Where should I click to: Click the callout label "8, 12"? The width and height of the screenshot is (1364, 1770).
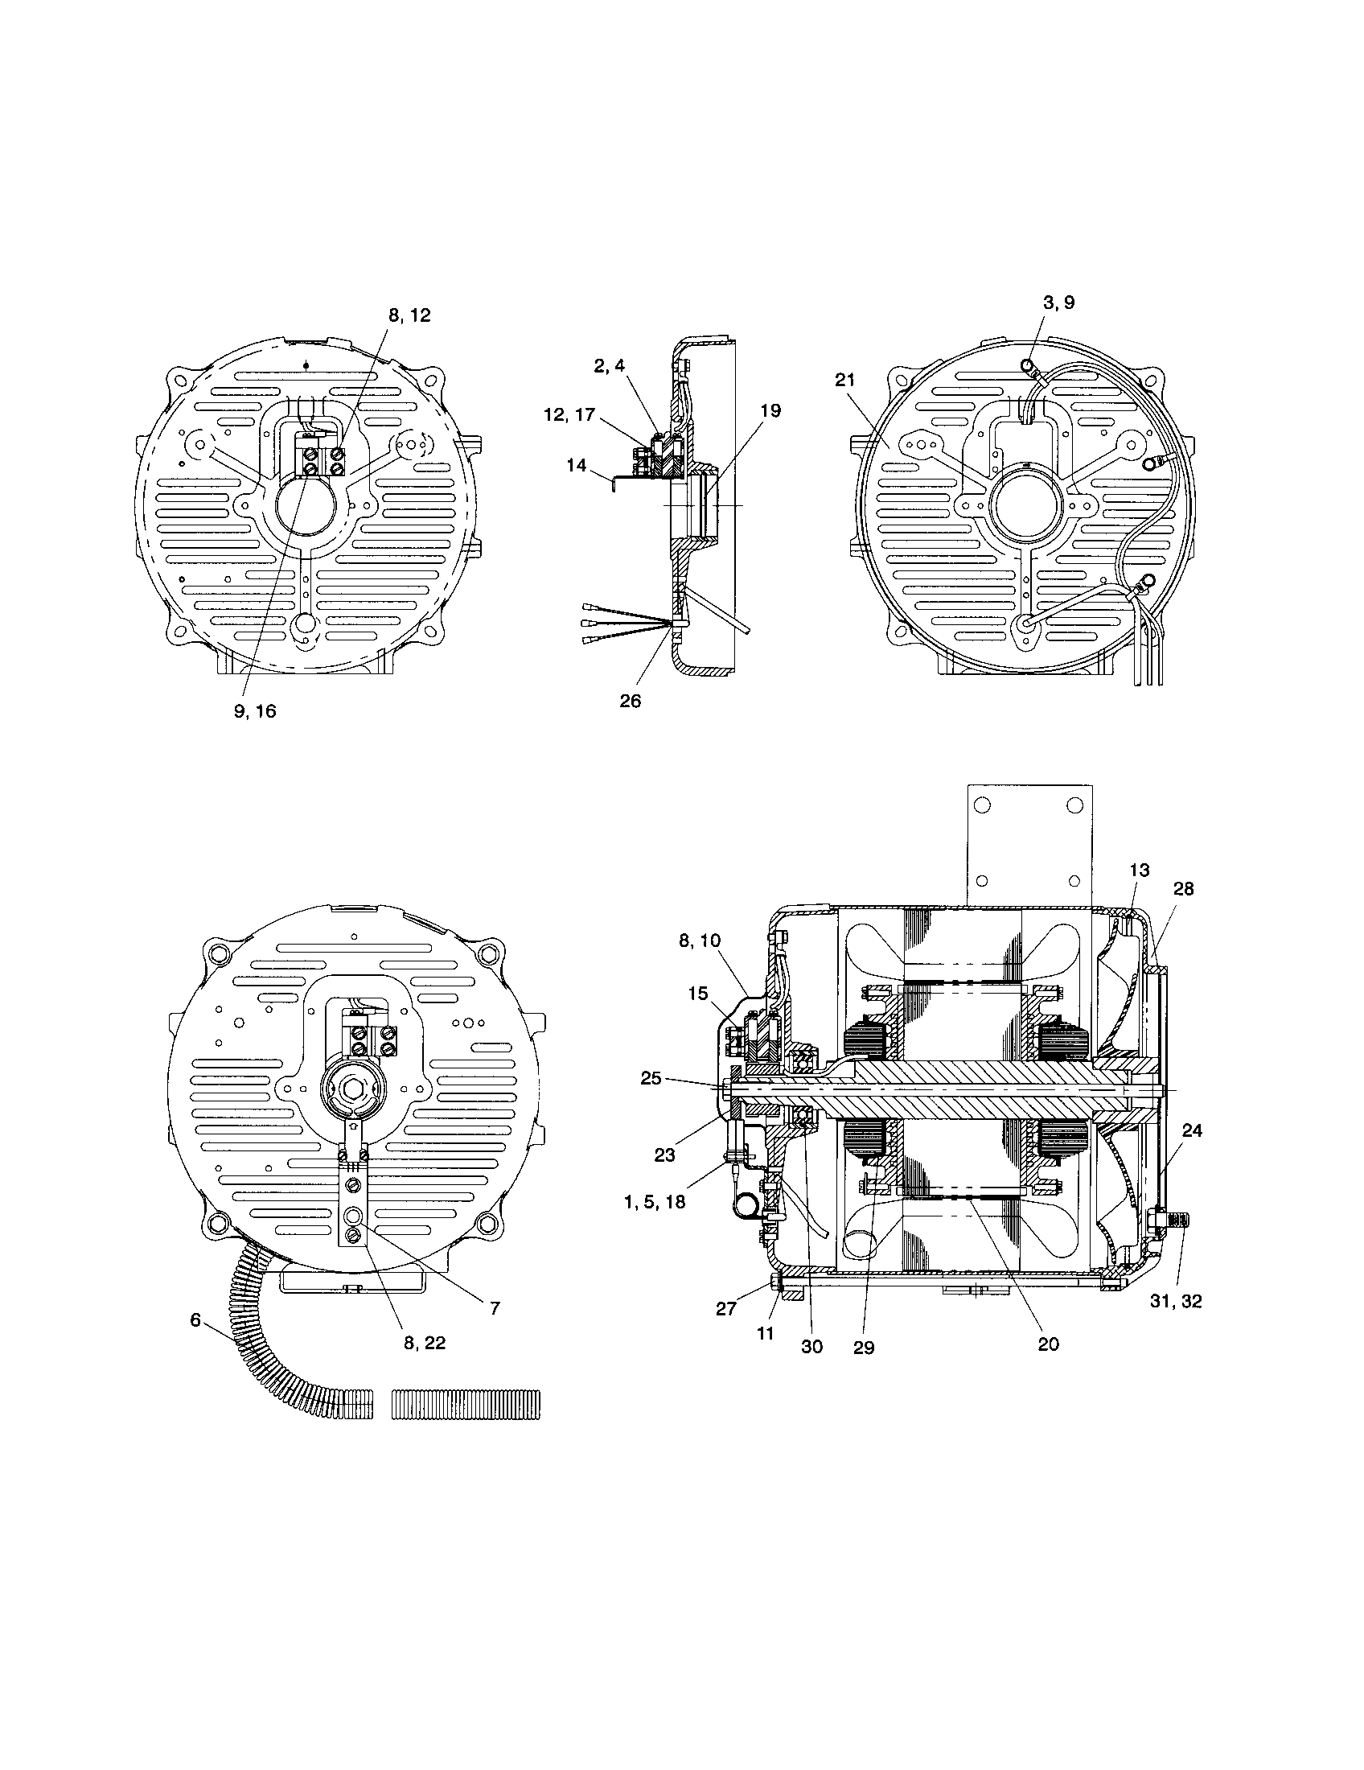tap(409, 316)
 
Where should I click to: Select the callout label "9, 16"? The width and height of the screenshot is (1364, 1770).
tap(254, 711)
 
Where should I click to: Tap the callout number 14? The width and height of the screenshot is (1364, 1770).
tap(576, 466)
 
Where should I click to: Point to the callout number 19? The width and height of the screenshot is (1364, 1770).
tap(770, 411)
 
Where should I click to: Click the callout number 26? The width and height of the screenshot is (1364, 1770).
tap(630, 701)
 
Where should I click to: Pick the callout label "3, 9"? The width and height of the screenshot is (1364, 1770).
tap(1058, 303)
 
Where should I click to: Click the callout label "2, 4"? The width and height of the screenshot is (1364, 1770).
tap(609, 365)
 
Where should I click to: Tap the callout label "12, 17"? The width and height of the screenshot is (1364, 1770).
tap(569, 415)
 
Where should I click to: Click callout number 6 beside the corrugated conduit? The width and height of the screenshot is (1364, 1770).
tap(195, 1319)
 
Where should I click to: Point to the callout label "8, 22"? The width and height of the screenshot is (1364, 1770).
tap(425, 1343)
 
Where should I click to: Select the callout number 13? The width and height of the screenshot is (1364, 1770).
tap(1139, 871)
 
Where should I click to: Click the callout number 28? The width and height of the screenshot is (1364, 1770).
tap(1183, 889)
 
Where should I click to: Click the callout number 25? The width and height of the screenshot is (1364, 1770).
tap(651, 1079)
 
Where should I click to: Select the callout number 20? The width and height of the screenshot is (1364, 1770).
tap(1048, 1344)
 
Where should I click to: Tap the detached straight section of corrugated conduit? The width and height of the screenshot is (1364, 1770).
tap(466, 1405)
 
